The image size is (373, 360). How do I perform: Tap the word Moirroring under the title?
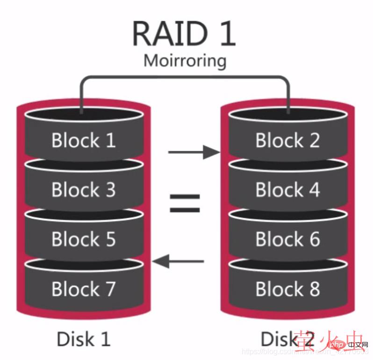(185, 61)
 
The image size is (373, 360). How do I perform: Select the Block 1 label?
(83, 140)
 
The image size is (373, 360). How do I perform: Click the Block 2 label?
(287, 140)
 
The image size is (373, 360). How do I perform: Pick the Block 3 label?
(83, 190)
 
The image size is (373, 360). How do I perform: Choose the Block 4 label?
(287, 190)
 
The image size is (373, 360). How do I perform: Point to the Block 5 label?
(83, 239)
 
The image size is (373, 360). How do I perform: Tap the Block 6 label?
(287, 239)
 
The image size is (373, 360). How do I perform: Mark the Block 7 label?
(83, 289)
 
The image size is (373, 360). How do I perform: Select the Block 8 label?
(287, 289)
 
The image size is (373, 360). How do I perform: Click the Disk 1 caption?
(83, 339)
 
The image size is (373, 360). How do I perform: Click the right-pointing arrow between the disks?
(193, 152)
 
